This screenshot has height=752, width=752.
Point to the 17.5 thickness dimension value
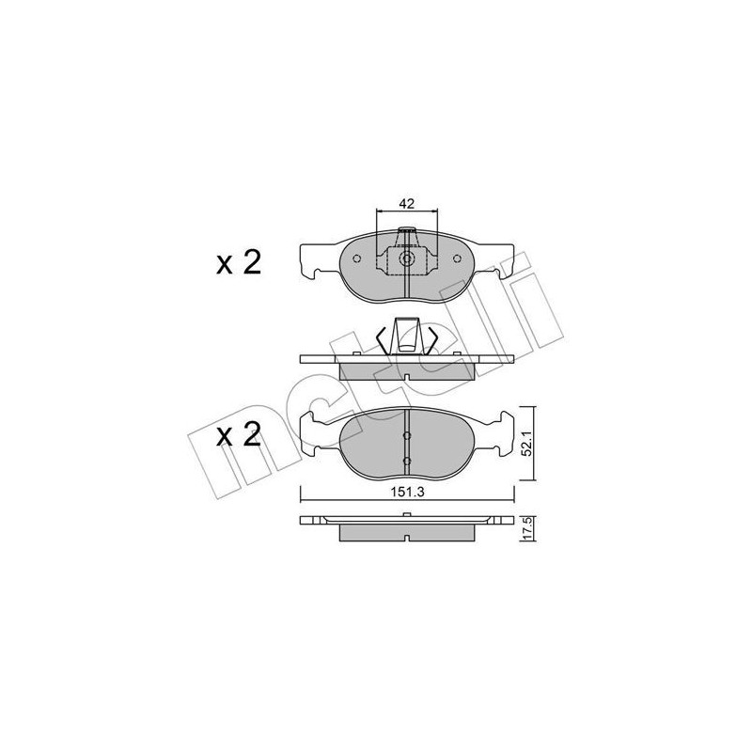coord(529,529)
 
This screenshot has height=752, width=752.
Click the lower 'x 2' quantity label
coord(238,436)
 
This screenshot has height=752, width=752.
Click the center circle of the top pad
coord(406,262)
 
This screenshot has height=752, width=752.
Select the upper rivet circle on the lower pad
coord(406,436)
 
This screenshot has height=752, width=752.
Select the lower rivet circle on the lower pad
coord(406,461)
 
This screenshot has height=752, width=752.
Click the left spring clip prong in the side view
coord(383,337)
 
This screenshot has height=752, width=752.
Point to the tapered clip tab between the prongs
coord(406,334)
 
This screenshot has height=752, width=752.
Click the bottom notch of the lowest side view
coord(406,541)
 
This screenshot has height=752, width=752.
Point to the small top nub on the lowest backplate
coord(406,514)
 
